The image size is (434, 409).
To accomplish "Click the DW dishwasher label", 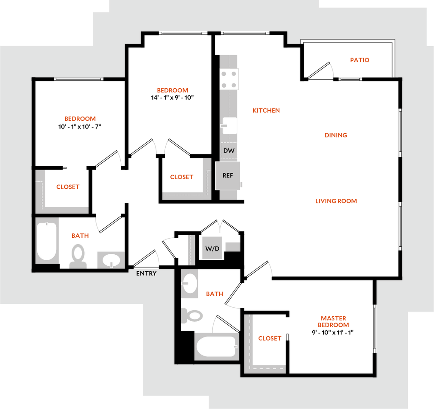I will click(229, 150).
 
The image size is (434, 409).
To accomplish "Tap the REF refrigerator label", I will click(228, 175).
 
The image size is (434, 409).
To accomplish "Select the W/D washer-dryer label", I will click(212, 248).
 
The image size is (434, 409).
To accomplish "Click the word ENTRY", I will click(146, 273).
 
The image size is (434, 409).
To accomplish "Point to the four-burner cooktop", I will click(229, 80).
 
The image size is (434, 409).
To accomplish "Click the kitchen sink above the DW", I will click(229, 126).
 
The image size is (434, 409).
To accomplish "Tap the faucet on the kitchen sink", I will click(224, 125).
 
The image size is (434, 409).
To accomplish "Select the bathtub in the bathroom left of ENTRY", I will click(47, 241).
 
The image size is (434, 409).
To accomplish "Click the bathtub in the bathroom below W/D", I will click(216, 347).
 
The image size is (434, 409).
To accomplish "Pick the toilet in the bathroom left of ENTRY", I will click(78, 256).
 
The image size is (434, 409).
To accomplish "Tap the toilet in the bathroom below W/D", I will click(193, 316).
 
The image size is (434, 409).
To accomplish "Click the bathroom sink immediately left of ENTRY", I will click(111, 260).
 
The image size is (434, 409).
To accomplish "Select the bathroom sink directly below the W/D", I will click(189, 283).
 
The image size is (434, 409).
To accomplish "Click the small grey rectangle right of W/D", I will click(232, 247).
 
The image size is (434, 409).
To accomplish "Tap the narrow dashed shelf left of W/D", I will click(191, 250).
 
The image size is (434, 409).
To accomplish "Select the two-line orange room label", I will click(334, 322).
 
